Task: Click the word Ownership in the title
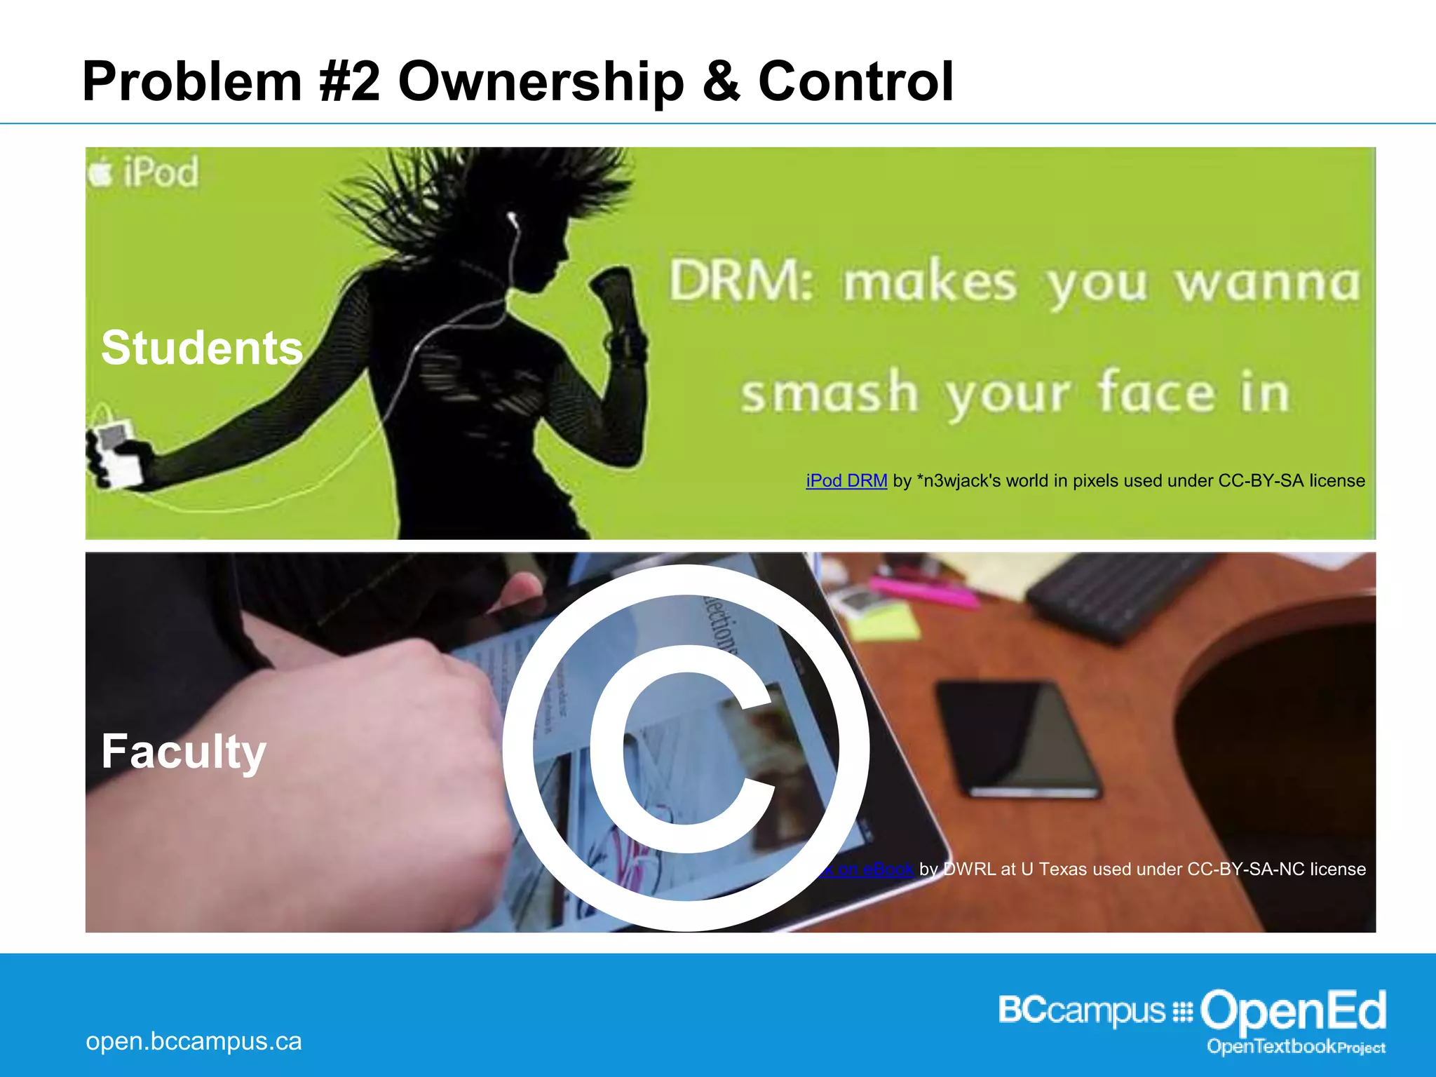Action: [541, 82]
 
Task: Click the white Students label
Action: [202, 348]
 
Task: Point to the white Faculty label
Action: [184, 751]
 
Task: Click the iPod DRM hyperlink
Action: [846, 481]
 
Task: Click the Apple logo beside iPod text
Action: [100, 172]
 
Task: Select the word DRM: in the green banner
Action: [740, 282]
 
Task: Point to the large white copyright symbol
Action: [686, 747]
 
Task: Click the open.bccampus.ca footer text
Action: [194, 1041]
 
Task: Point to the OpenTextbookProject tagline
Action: [1296, 1048]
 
